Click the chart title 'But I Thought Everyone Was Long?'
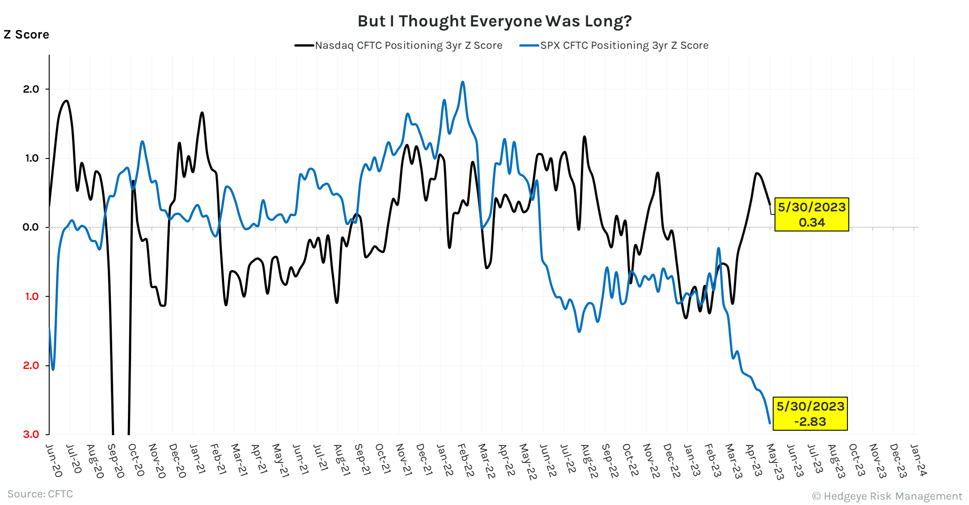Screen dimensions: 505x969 495,21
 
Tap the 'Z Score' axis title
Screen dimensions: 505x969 26,34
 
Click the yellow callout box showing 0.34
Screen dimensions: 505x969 811,214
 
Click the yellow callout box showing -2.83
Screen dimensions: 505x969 810,414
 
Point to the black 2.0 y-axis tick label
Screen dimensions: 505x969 31,89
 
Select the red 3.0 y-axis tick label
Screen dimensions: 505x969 31,434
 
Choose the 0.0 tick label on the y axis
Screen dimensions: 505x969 31,227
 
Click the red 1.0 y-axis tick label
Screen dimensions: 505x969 32,296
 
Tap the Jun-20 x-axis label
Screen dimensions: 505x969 54,461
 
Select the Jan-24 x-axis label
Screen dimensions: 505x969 918,460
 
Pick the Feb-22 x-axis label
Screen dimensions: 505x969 466,461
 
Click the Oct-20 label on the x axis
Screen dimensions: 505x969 136,460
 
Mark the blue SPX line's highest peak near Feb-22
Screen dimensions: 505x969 462,82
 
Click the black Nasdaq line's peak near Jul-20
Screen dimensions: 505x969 67,101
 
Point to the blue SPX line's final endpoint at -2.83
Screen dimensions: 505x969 770,423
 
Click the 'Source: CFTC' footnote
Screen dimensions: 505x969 40,494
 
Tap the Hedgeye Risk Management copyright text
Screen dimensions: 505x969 887,496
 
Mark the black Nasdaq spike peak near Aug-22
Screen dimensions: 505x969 584,137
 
